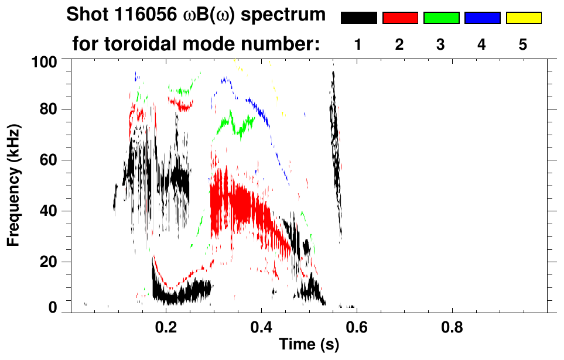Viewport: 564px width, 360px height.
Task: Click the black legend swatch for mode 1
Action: [358, 18]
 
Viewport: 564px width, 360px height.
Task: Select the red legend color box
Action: [400, 18]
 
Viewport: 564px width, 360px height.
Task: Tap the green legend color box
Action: [441, 18]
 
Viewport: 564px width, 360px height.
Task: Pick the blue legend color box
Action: [482, 18]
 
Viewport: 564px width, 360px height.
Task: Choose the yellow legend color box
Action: [523, 18]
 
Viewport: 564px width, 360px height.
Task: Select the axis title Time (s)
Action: [309, 345]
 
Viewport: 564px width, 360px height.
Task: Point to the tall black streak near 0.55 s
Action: [335, 146]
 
